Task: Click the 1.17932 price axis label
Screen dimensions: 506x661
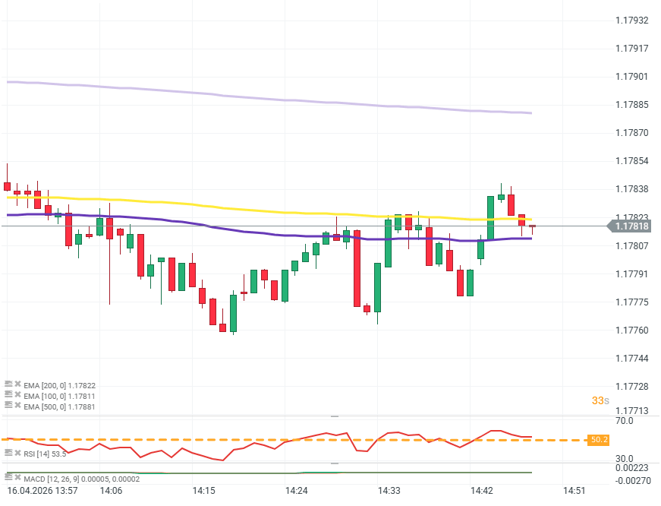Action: click(631, 21)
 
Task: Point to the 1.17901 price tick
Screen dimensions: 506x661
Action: click(631, 77)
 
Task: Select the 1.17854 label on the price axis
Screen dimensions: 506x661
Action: click(631, 161)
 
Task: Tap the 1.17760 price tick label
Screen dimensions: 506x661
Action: click(631, 330)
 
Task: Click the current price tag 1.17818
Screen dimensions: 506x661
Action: click(631, 226)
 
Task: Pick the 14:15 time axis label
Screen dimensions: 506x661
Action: click(203, 491)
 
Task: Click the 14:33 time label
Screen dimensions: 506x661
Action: click(389, 491)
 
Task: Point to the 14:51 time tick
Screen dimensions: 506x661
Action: click(574, 491)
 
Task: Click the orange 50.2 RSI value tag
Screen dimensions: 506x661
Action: click(600, 440)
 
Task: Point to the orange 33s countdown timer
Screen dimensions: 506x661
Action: click(600, 400)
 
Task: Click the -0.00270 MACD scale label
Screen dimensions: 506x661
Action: click(634, 481)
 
